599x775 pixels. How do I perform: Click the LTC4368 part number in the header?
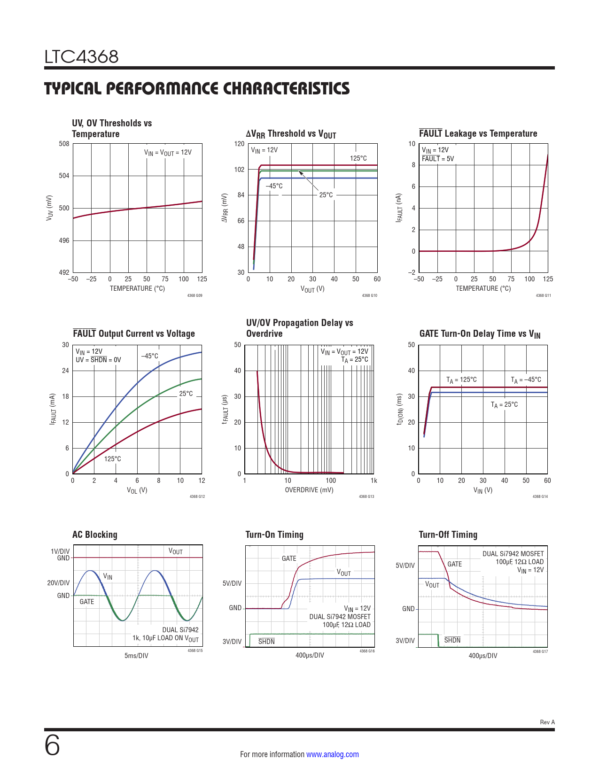tap(81, 57)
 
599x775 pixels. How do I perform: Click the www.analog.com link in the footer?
tap(332, 754)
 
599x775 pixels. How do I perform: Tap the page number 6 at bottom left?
tap(52, 745)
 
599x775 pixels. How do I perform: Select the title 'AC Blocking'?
tap(95, 535)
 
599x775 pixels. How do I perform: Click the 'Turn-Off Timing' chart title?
tap(448, 535)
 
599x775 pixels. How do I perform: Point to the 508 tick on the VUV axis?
tap(64, 144)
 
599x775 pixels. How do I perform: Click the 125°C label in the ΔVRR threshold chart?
tap(358, 158)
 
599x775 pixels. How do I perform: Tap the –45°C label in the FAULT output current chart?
tap(150, 356)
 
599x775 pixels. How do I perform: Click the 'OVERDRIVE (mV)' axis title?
tap(309, 490)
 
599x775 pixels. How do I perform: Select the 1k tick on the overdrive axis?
tap(373, 480)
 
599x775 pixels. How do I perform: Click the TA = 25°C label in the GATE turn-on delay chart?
tap(504, 404)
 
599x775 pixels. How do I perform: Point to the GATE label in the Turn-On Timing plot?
tap(289, 558)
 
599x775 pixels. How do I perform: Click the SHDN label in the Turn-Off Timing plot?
tap(452, 640)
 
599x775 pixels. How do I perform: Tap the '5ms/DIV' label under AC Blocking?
tap(136, 656)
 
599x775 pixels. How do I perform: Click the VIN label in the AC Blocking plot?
tap(108, 576)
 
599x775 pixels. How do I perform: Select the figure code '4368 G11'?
tap(543, 295)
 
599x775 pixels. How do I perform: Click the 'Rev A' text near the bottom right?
tap(547, 722)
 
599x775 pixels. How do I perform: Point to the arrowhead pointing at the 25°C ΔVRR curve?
tap(300, 173)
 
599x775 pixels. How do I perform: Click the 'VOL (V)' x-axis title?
tap(137, 490)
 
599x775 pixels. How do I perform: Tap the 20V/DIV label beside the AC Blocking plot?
tap(58, 583)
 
